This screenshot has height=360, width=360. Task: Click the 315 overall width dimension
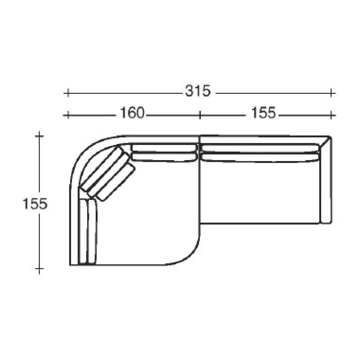tap(198, 91)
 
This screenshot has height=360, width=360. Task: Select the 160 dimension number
tap(132, 113)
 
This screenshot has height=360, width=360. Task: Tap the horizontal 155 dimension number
tap(263, 113)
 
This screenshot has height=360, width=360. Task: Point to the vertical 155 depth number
tap(35, 204)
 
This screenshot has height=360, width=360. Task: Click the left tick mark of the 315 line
tap(68, 93)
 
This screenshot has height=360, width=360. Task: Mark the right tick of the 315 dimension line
tap(331, 93)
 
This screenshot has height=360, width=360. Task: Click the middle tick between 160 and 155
tap(200, 115)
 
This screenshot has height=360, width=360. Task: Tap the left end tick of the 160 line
tap(68, 115)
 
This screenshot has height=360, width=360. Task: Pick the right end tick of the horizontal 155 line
tap(331, 115)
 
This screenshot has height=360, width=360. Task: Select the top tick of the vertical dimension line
tap(39, 136)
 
